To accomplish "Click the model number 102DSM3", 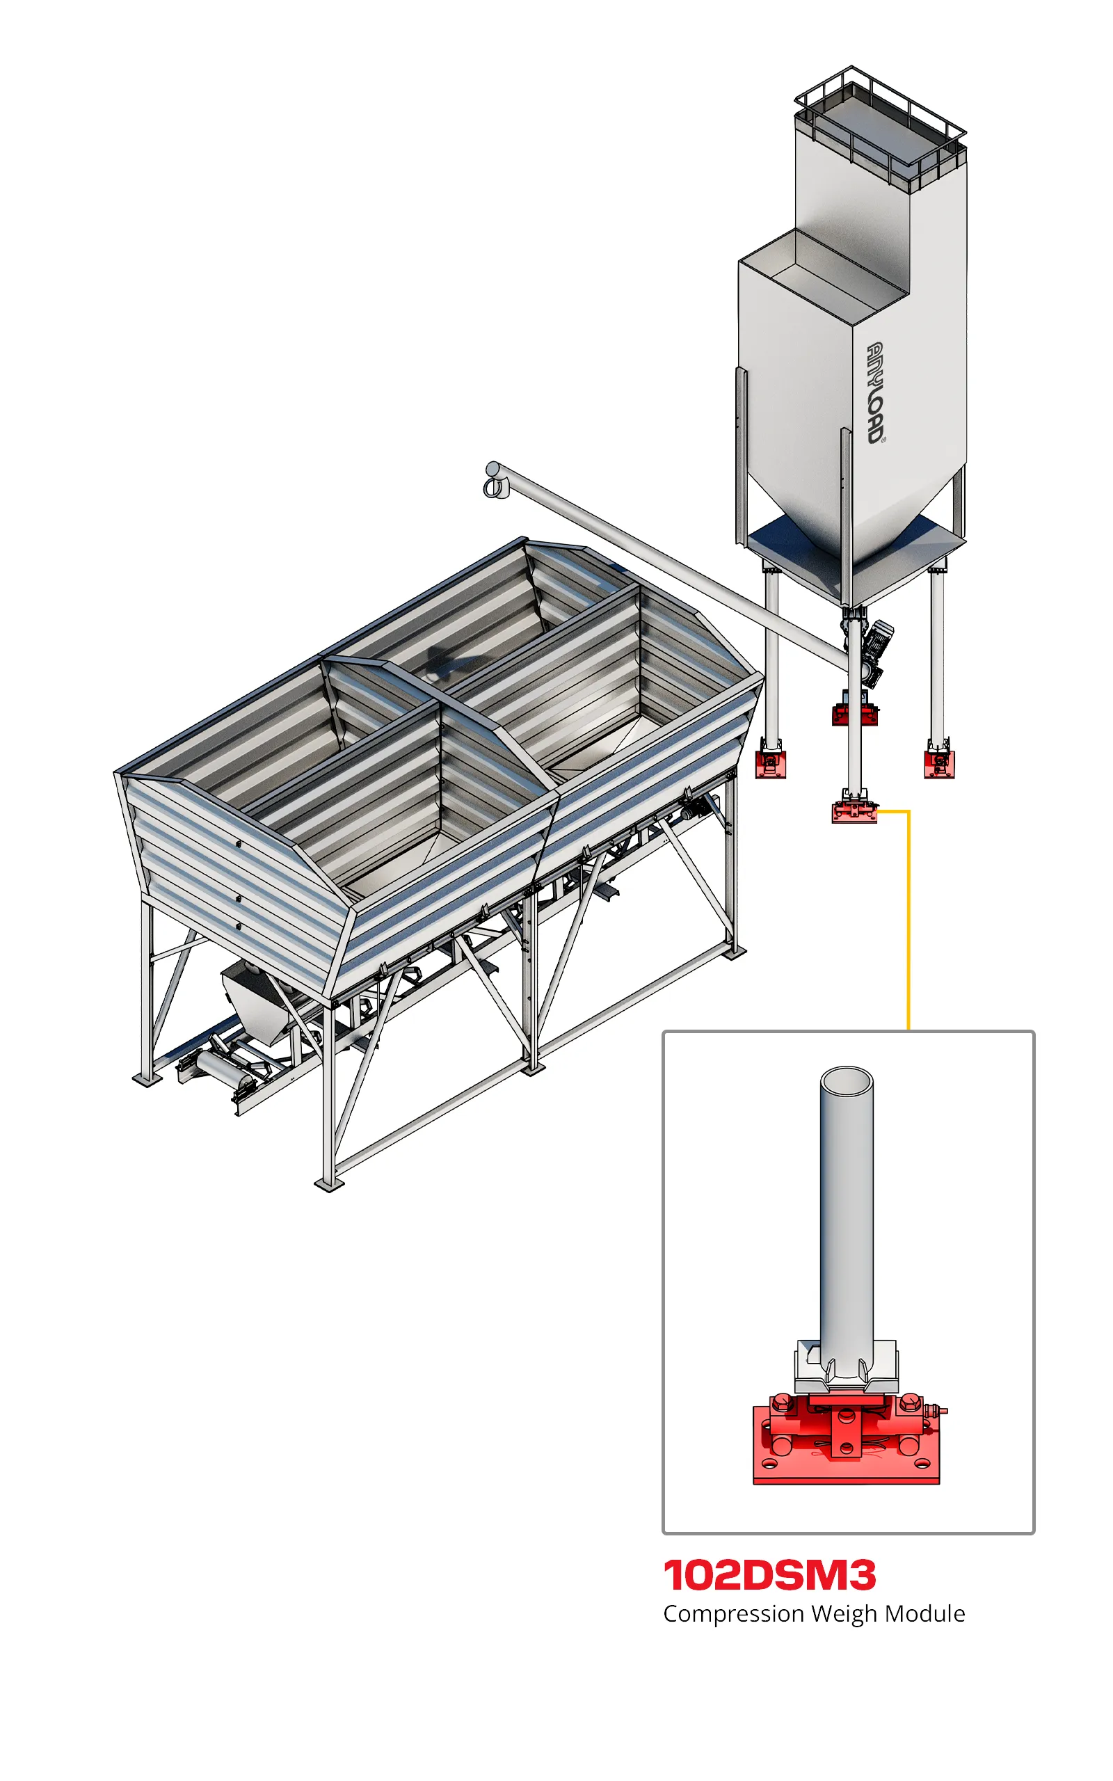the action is tap(769, 1575).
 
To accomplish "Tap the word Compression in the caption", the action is tap(733, 1615).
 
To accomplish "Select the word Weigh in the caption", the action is tap(844, 1615).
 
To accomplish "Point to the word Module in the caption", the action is tap(924, 1613).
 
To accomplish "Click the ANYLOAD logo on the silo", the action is tap(875, 393).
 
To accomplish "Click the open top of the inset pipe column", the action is tap(847, 1083).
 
